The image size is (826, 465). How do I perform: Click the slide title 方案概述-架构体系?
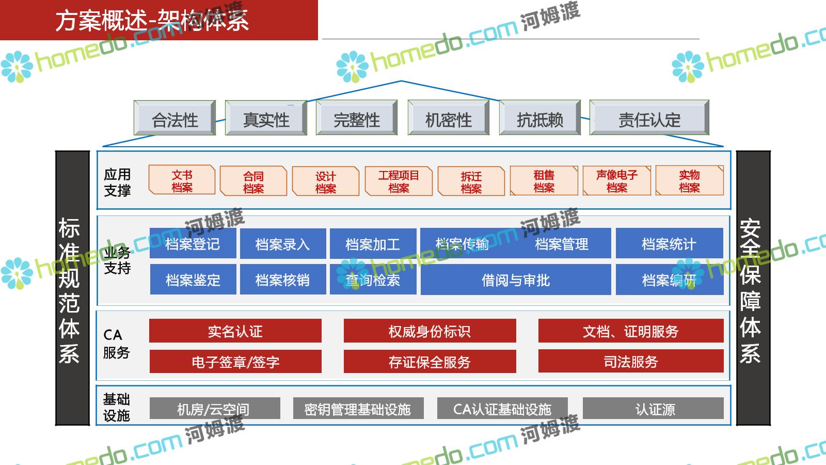click(x=152, y=20)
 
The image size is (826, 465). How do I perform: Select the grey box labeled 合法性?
click(x=174, y=118)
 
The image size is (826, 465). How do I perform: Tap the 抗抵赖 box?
click(x=539, y=118)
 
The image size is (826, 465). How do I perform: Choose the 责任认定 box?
click(x=649, y=118)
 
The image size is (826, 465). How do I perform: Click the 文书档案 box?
click(x=182, y=180)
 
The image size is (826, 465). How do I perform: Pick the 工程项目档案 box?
click(x=399, y=181)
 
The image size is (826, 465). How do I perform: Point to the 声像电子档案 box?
click(x=616, y=181)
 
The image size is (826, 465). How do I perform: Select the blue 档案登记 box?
click(x=193, y=243)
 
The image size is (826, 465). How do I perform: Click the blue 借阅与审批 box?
click(x=515, y=280)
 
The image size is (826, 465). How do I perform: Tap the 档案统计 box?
click(x=669, y=243)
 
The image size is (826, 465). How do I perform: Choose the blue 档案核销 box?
click(x=282, y=280)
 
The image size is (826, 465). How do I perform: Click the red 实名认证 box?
click(x=235, y=331)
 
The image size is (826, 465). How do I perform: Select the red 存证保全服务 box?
click(x=430, y=361)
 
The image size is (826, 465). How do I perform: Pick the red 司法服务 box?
click(x=630, y=361)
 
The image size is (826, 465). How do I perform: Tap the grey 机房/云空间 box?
click(x=214, y=409)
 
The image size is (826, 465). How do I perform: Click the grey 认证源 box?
click(x=653, y=409)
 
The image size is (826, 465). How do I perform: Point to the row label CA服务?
click(x=116, y=344)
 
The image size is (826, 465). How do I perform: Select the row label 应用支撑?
click(x=117, y=182)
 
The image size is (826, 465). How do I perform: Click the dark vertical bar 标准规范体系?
click(x=72, y=288)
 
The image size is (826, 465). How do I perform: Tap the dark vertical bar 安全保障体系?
click(x=753, y=288)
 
